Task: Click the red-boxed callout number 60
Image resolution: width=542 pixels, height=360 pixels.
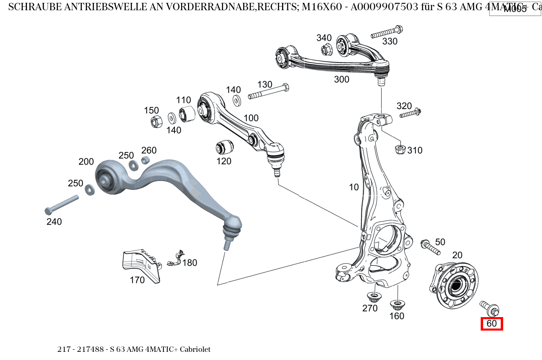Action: [x=492, y=324]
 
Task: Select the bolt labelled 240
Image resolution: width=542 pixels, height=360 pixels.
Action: [x=61, y=204]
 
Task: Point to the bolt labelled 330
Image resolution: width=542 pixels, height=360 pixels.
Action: [x=386, y=32]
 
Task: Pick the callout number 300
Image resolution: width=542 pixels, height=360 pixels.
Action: [x=342, y=79]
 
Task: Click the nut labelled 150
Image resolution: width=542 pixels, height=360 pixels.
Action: [x=156, y=122]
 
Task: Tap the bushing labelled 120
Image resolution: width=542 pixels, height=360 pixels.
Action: [x=224, y=146]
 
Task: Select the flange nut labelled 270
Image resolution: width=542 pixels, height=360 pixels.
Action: [x=373, y=296]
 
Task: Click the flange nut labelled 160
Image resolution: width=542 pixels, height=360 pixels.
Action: [x=396, y=305]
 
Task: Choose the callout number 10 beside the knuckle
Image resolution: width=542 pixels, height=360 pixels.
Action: [x=354, y=187]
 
